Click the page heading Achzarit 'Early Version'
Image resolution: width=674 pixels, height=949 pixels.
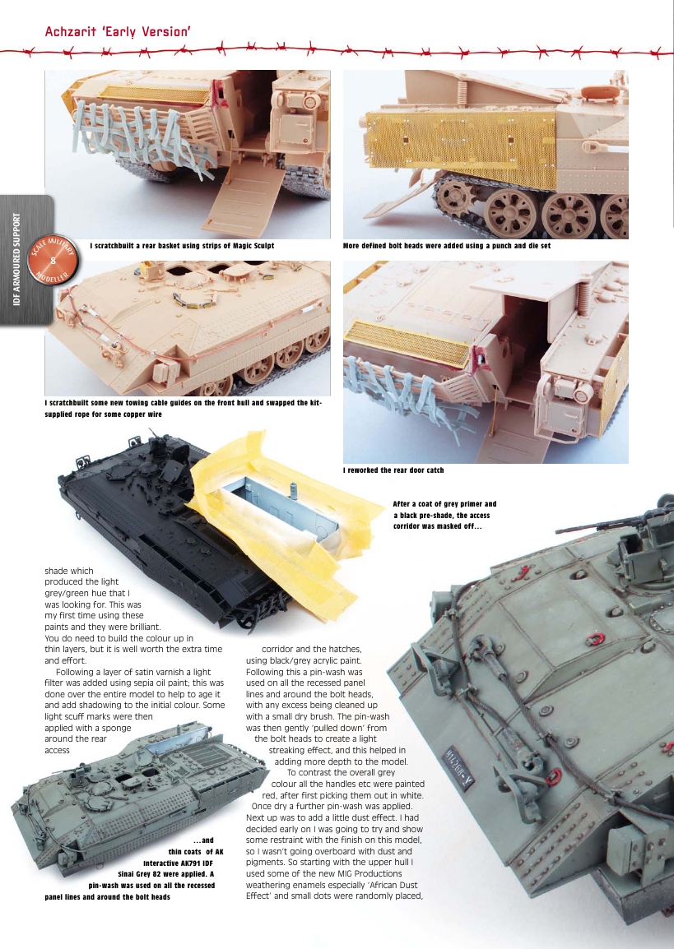tap(119, 32)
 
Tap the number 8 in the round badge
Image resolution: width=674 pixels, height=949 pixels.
tap(53, 262)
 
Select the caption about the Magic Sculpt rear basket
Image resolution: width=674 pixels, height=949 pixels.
tap(182, 246)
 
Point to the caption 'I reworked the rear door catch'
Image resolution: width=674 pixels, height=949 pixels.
tap(393, 470)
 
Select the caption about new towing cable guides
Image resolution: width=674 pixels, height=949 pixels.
tap(182, 409)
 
